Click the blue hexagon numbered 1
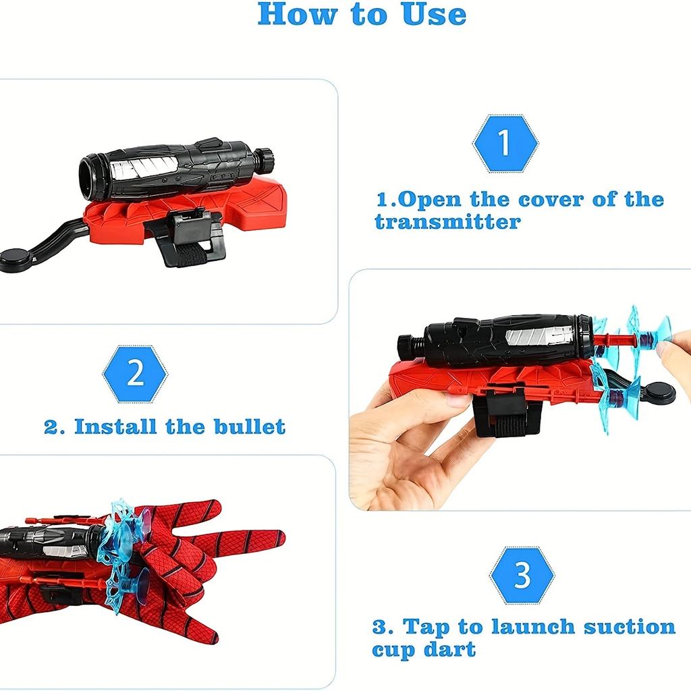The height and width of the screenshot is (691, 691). [505, 143]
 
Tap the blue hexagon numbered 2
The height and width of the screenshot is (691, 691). [135, 374]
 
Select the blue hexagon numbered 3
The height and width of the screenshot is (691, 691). [522, 575]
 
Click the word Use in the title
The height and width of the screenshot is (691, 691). [435, 14]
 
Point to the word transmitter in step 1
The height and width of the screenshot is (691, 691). [448, 221]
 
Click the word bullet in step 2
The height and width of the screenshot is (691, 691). [250, 426]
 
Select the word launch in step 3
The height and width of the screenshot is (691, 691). [533, 626]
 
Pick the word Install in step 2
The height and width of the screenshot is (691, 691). [115, 426]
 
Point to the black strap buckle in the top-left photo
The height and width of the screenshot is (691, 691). [198, 229]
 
